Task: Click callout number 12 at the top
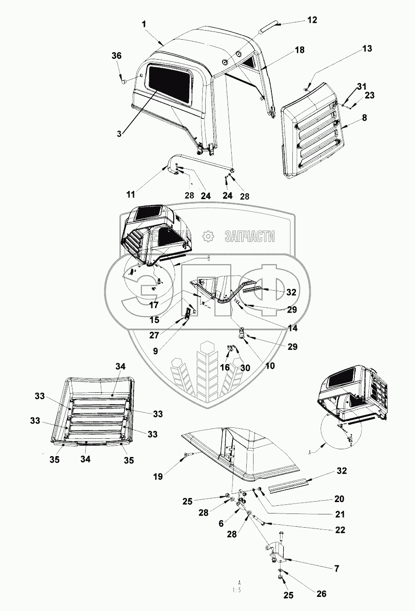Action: [312, 20]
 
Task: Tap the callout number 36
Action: [116, 56]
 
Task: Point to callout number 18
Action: [299, 50]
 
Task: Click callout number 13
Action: [354, 49]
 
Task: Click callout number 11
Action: [131, 195]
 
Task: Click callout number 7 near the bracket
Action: [337, 568]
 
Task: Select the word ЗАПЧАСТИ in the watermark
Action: [249, 236]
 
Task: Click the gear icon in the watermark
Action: [208, 236]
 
